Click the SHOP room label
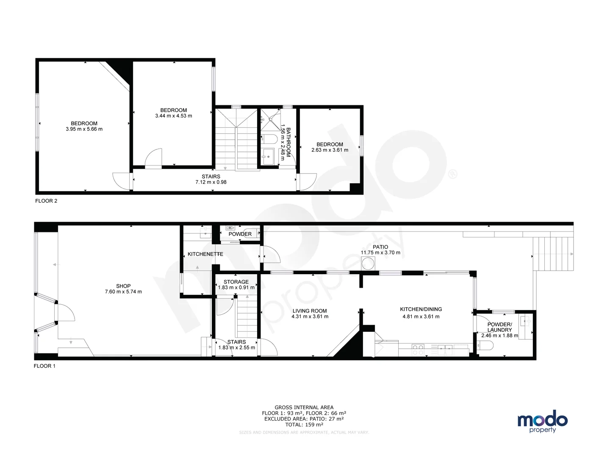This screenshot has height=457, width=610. [x=123, y=286]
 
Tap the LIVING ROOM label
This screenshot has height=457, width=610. [x=310, y=311]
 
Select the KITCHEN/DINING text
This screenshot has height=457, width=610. [x=421, y=309]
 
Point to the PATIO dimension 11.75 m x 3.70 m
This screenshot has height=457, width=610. [x=380, y=253]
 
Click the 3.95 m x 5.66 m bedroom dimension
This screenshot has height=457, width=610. [x=84, y=129]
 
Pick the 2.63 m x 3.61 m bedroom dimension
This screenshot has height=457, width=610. [x=330, y=150]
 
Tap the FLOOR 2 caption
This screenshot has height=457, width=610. [x=46, y=201]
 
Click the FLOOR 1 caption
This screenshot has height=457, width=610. [x=44, y=366]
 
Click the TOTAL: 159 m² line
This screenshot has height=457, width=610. [x=304, y=424]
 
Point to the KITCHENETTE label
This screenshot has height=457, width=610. [x=205, y=254]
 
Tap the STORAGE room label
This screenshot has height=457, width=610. [x=236, y=282]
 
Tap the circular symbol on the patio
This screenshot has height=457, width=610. [x=368, y=263]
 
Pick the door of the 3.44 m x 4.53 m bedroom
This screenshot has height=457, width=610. [x=154, y=159]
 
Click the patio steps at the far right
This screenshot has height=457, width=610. [x=553, y=254]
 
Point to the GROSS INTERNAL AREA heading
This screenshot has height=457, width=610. [x=304, y=407]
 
